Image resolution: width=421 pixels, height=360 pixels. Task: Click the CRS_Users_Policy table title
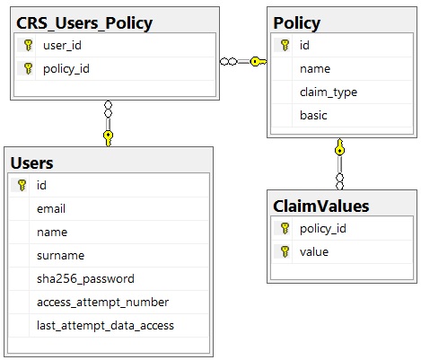point(84,23)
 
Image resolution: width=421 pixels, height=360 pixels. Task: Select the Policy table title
point(297,23)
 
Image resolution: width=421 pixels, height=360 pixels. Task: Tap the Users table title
point(31,163)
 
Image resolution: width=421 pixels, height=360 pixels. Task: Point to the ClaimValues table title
point(321,206)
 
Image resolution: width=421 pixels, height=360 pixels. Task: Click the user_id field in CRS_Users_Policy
point(62,46)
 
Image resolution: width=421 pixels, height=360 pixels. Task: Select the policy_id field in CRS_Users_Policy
point(66,69)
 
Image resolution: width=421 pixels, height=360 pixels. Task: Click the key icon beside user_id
point(28,45)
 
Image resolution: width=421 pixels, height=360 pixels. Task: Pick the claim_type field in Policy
point(329,92)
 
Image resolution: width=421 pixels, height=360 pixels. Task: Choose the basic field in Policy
point(313,116)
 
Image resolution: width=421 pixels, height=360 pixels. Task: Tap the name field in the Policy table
point(315,69)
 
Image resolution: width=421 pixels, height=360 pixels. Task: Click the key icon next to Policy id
point(285,45)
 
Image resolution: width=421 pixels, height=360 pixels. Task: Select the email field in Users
point(51,209)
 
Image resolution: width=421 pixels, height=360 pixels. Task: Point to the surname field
point(60,256)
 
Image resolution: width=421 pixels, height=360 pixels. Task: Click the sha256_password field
point(85,279)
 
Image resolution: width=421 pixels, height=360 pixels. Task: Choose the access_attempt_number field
point(102,303)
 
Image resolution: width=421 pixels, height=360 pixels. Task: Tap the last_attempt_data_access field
point(105,326)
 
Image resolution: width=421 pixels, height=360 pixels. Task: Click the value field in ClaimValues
point(314,252)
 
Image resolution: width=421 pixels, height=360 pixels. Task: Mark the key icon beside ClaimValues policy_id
point(285,229)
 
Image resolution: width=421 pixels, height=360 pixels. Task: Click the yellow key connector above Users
point(108,138)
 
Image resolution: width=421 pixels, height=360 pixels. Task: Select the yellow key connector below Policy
point(339,147)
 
